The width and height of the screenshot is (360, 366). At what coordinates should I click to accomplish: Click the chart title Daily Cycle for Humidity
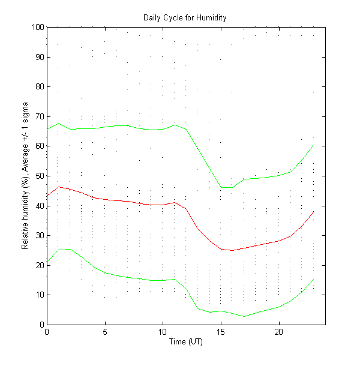[x=185, y=17]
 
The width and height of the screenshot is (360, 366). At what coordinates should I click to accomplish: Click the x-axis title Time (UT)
[x=185, y=342]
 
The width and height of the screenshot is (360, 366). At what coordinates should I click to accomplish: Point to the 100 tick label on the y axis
[x=37, y=28]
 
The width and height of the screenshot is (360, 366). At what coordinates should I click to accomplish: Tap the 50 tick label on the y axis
[x=39, y=176]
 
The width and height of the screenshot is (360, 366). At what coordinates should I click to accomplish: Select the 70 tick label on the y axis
[x=39, y=116]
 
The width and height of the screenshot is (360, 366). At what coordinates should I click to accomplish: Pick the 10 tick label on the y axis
[x=39, y=295]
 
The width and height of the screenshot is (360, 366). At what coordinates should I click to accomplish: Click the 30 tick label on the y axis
[x=39, y=235]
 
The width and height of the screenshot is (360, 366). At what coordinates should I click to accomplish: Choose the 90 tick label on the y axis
[x=39, y=57]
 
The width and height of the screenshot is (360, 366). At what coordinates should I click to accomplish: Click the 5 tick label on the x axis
[x=105, y=332]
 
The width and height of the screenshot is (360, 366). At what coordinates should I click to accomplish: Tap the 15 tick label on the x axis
[x=221, y=332]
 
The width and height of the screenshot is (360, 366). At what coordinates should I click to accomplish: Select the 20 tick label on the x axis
[x=278, y=332]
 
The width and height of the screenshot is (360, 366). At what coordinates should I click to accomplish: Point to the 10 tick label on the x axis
[x=163, y=332]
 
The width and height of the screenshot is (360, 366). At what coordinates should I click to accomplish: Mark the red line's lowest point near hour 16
[x=232, y=250]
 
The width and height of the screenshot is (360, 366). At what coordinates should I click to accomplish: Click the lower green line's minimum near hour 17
[x=244, y=316]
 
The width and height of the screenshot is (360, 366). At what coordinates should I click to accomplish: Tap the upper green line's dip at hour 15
[x=221, y=188]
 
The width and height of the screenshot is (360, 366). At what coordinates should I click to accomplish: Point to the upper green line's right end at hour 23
[x=313, y=145]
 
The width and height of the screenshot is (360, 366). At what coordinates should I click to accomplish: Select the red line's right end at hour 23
[x=313, y=211]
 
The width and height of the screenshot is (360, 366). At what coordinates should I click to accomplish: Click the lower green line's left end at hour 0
[x=47, y=262]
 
